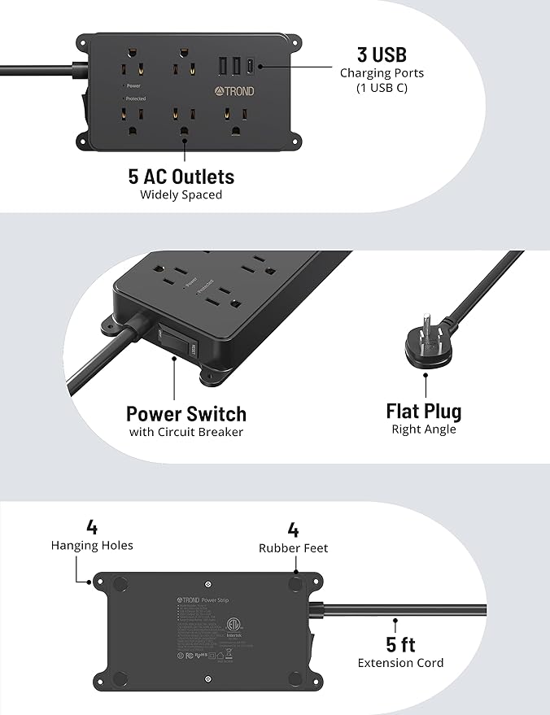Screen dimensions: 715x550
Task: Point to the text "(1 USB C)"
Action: pos(382,88)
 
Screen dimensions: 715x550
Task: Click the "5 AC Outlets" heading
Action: pos(181,177)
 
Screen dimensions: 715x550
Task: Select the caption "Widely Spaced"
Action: pos(181,195)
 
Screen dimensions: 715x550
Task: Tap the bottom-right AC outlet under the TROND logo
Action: pos(238,128)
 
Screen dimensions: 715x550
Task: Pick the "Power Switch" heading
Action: pos(186,413)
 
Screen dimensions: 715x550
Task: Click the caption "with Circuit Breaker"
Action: pos(186,432)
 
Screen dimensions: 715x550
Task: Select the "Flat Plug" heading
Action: pos(423,411)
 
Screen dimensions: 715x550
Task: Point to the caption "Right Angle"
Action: pos(423,429)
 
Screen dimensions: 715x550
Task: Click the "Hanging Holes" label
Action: pos(92,546)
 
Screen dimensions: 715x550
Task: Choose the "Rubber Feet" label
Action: pos(293,548)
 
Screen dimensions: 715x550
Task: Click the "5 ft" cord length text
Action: pos(400,645)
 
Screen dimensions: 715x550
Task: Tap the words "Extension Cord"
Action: pos(400,663)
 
